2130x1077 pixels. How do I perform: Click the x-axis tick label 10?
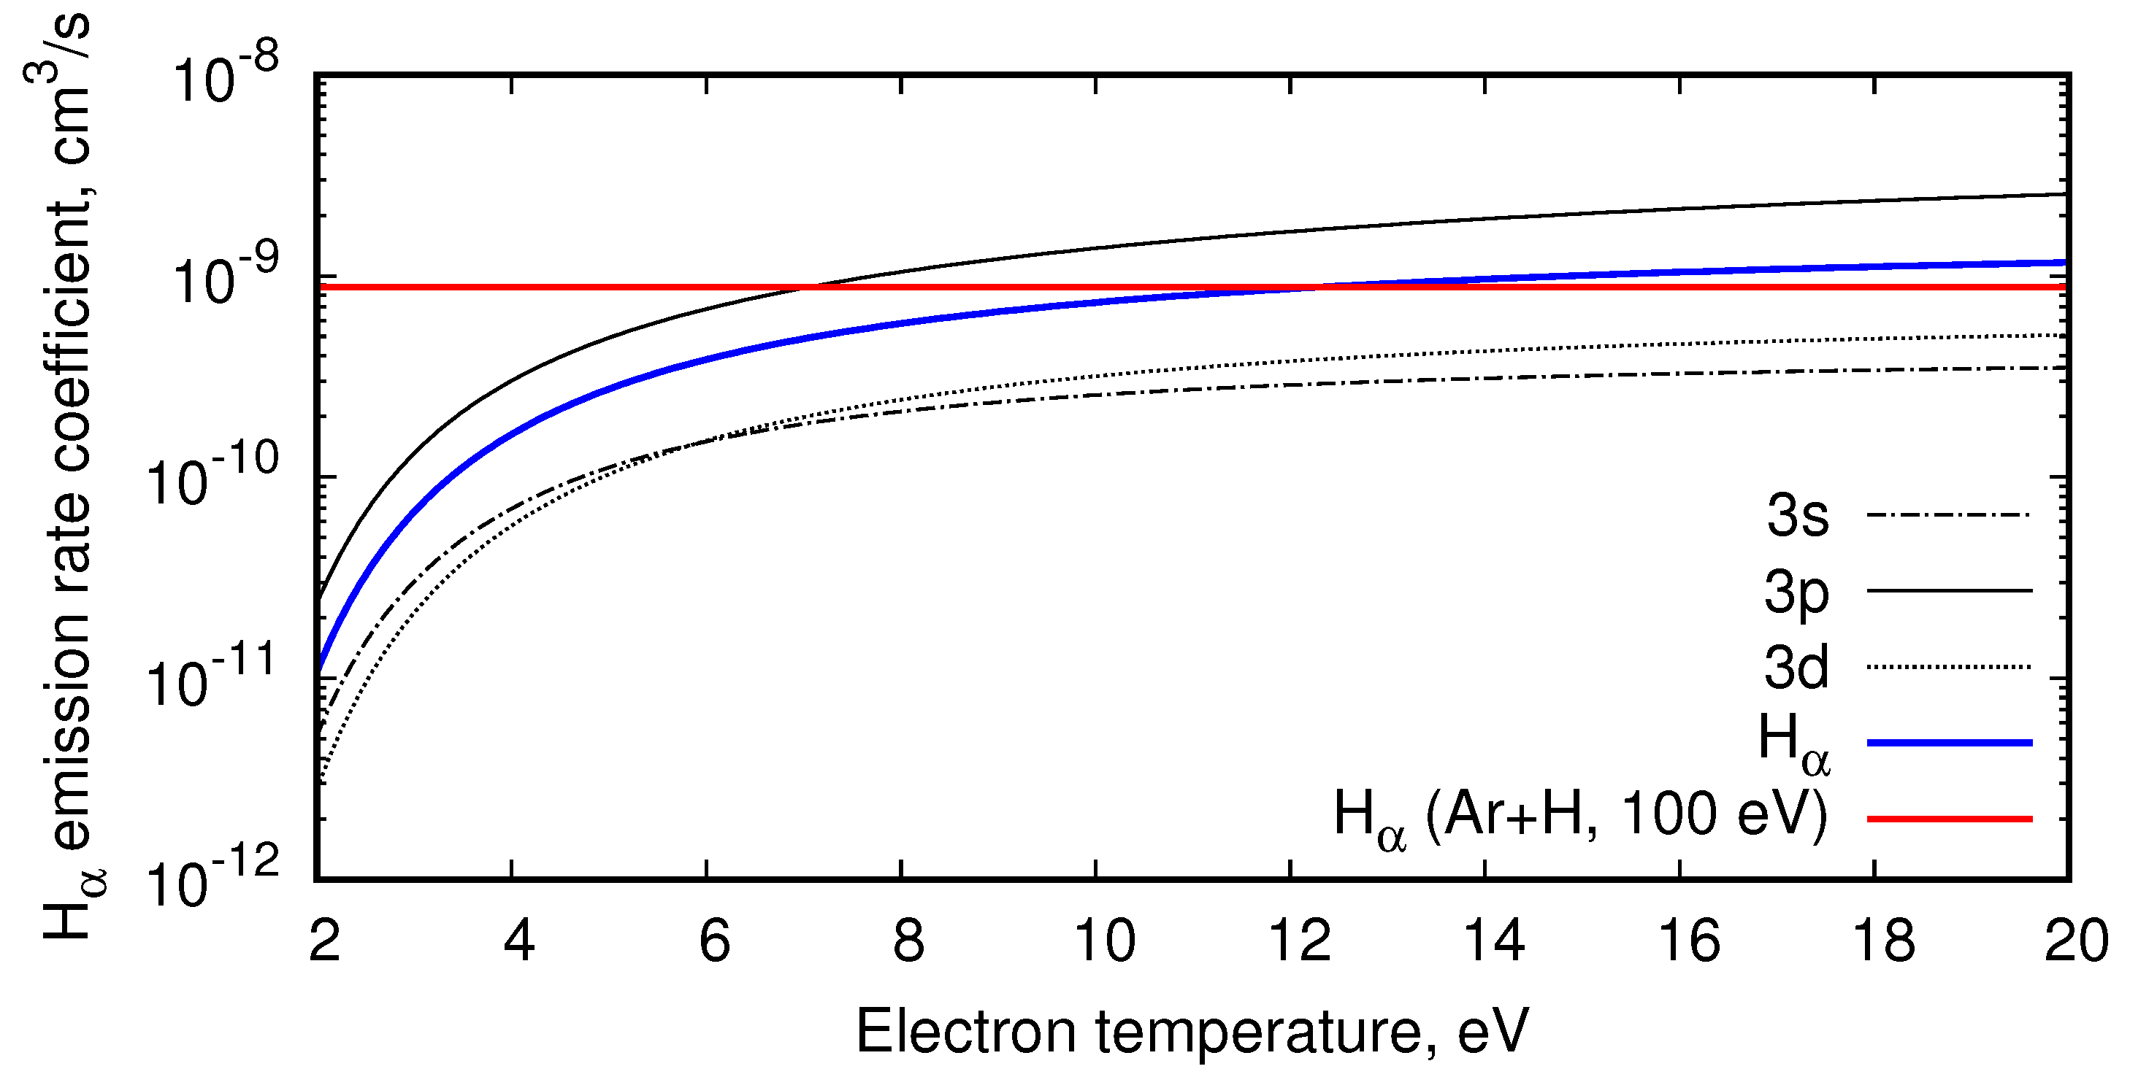[1104, 941]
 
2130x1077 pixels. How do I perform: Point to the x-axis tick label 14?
[1493, 941]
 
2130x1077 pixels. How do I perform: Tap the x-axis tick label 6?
[714, 941]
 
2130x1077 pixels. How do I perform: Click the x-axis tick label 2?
[324, 941]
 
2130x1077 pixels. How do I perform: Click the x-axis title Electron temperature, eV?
[1192, 1032]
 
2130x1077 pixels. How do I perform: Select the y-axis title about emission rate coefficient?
[66, 479]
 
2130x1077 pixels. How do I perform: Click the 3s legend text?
[1798, 516]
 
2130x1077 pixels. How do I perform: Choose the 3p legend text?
[1796, 593]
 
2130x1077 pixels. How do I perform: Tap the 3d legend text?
[1796, 667]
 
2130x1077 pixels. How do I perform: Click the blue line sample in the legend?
[1949, 743]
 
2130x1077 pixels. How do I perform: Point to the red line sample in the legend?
[1949, 818]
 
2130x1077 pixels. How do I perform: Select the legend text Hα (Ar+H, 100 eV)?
[1581, 817]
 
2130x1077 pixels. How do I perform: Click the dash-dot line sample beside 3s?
[1949, 516]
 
